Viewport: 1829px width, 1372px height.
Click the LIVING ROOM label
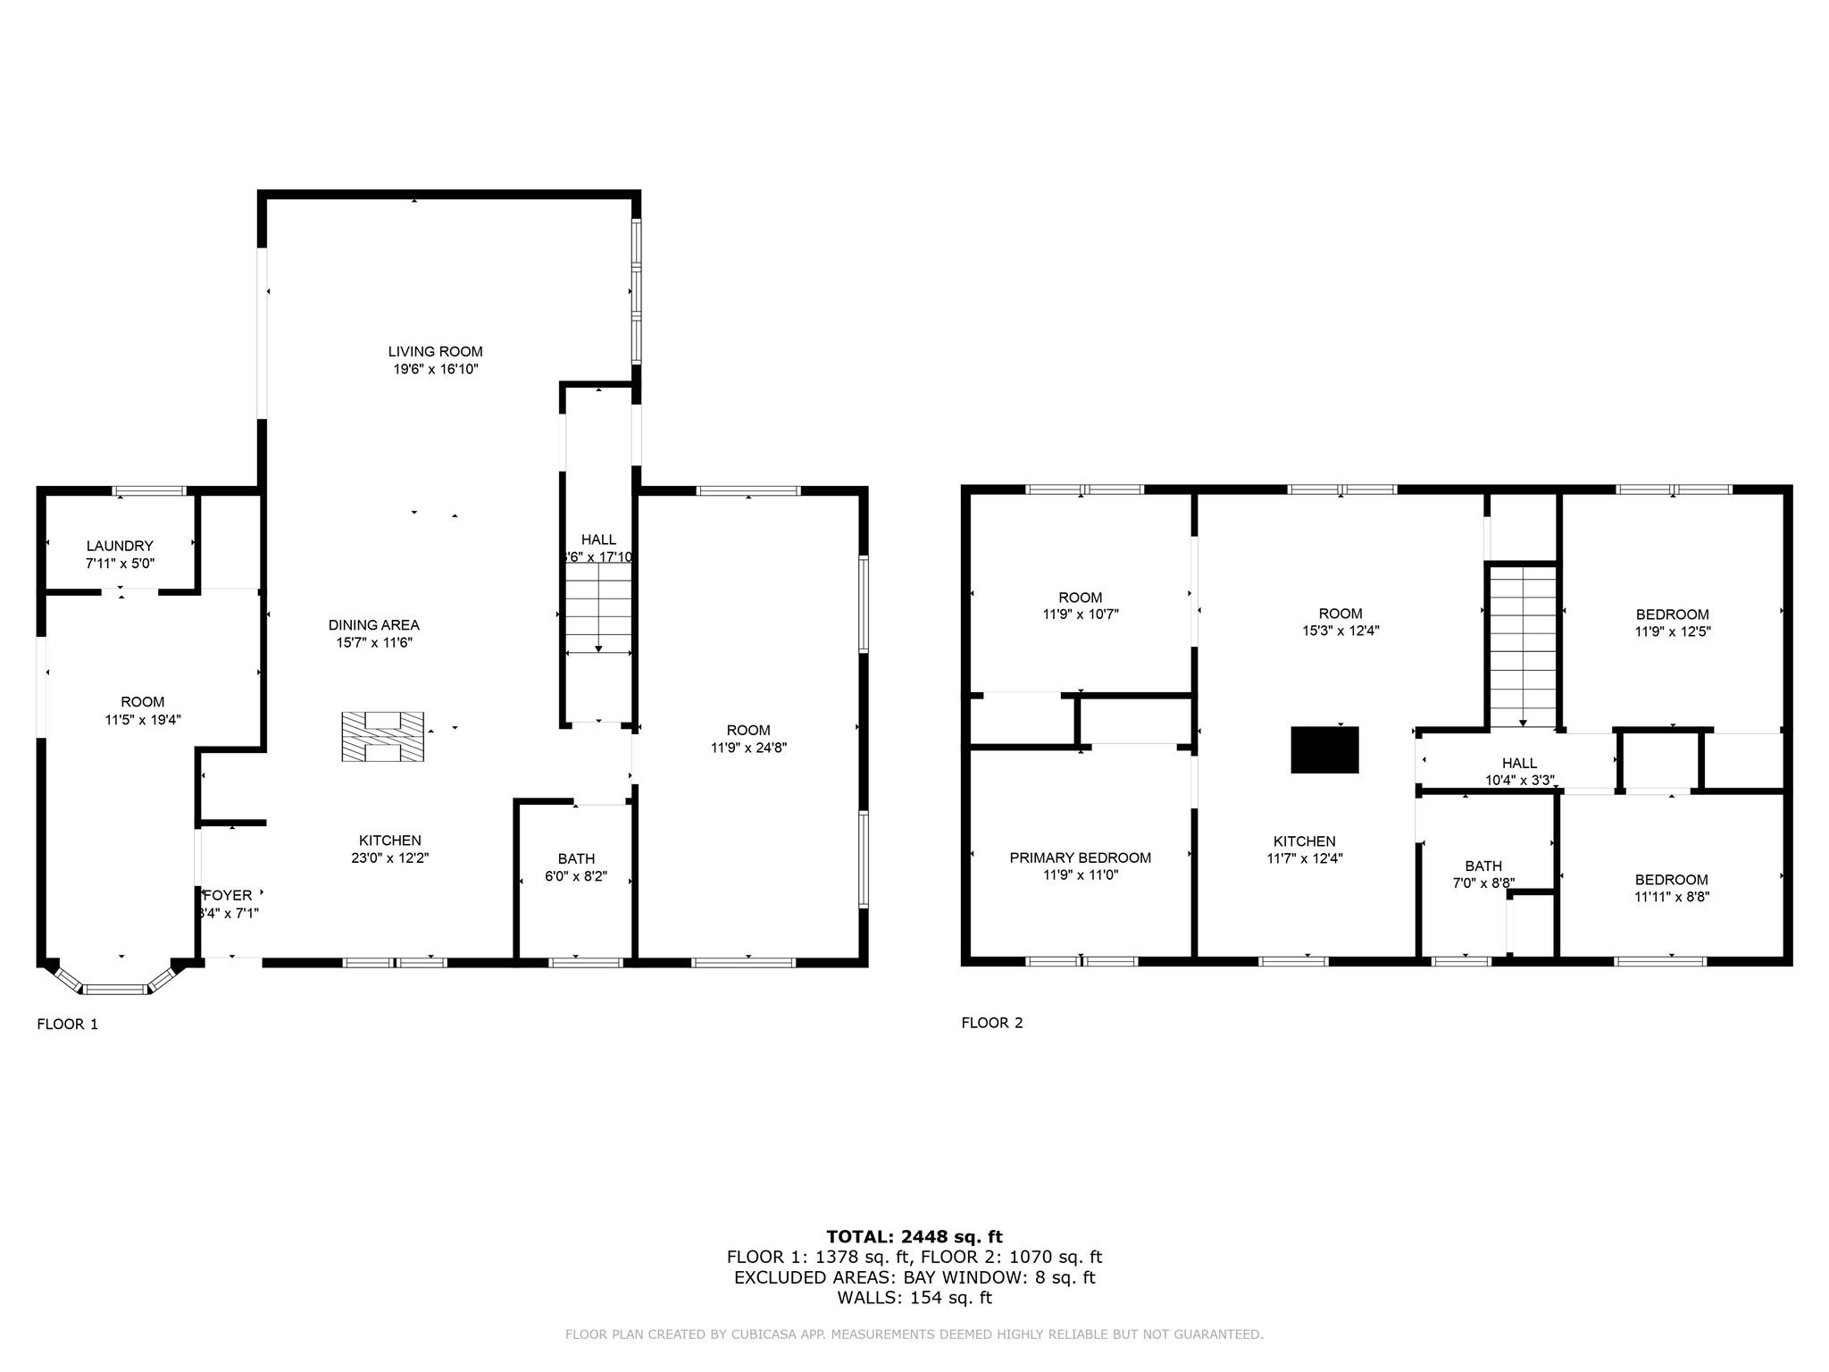tap(435, 352)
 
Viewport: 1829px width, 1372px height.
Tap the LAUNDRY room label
tap(120, 546)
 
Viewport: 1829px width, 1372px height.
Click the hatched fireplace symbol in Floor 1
tap(382, 737)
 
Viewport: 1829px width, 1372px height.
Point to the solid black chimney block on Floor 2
tap(1324, 749)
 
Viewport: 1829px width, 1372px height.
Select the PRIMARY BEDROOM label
tap(1080, 857)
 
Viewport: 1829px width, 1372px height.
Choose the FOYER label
tap(228, 895)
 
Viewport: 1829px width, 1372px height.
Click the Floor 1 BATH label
tap(576, 858)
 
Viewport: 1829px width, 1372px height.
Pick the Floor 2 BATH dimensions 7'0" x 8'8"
tap(1483, 883)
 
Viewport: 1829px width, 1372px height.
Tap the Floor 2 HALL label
tap(1519, 763)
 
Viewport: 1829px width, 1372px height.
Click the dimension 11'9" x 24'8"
tap(748, 749)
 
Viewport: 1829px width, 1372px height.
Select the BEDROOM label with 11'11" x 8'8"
tap(1672, 880)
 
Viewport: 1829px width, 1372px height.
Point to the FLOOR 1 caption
tap(67, 1025)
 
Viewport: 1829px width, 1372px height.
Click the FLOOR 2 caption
tap(991, 1023)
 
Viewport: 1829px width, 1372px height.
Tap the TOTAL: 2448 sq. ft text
tap(914, 1237)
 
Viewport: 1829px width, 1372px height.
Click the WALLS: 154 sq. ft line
tap(914, 1298)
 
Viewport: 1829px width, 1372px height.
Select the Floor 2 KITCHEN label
tap(1304, 841)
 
